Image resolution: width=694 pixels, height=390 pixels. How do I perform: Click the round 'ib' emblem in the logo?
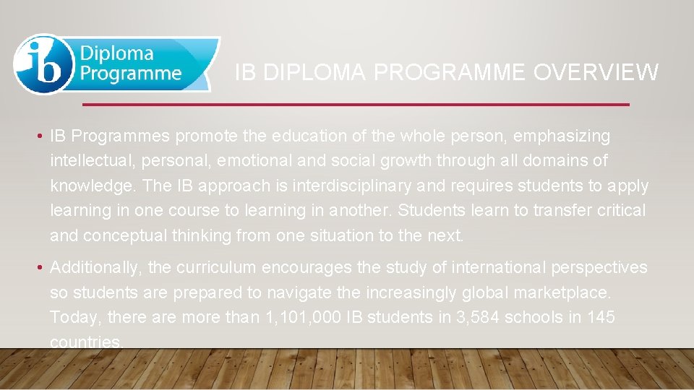coord(43,64)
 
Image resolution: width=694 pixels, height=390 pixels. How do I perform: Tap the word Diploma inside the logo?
coord(116,53)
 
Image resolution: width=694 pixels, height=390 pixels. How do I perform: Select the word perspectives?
coord(603,268)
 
